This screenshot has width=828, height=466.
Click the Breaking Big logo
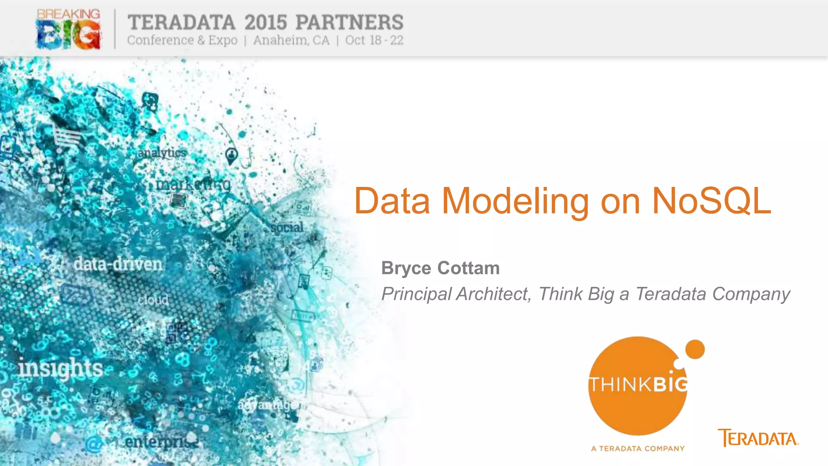tap(68, 29)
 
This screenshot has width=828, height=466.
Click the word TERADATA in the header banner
tap(182, 23)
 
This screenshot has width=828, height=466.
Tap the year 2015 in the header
tap(266, 23)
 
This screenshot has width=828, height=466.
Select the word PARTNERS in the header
tap(349, 23)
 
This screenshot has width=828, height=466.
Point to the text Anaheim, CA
tap(291, 40)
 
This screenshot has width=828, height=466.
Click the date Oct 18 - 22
tap(374, 40)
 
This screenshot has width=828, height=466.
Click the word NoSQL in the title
tap(712, 201)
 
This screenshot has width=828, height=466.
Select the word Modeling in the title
tap(515, 201)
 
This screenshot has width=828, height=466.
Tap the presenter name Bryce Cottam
tap(440, 268)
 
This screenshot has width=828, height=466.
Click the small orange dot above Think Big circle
tap(695, 349)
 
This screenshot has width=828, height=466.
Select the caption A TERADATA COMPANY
tap(638, 449)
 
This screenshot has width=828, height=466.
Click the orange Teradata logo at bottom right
tap(758, 438)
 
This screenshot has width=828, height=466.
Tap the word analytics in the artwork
tap(162, 153)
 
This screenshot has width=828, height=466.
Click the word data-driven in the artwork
tap(118, 265)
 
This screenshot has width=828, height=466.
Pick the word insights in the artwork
tap(61, 369)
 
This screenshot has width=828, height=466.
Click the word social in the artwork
tap(287, 228)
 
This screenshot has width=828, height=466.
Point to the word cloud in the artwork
tap(153, 300)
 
